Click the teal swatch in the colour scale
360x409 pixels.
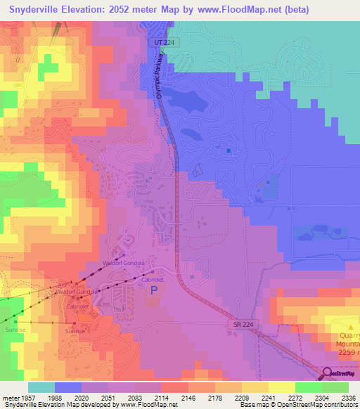(41, 387)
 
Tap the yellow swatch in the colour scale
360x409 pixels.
(281, 387)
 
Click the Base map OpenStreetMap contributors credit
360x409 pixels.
(297, 405)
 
